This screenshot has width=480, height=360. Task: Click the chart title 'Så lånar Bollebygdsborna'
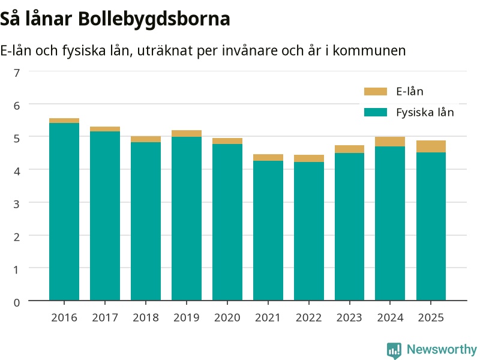pos(115,19)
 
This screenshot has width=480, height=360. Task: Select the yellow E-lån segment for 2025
pos(431,146)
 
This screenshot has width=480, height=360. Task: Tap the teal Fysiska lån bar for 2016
pos(64,212)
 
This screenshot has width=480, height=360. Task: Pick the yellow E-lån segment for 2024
pos(390,142)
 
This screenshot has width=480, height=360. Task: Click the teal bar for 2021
pos(268,230)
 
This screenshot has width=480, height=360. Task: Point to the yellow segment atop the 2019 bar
pos(187,133)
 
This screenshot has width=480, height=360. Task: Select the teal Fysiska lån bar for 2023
pos(350,227)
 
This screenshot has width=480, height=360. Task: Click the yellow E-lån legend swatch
pos(376,91)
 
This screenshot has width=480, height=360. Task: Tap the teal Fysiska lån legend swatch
pos(376,112)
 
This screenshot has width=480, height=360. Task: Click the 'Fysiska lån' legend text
pos(425,112)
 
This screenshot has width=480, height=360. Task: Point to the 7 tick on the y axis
pos(17,73)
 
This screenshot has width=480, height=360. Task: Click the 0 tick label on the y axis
pos(17,302)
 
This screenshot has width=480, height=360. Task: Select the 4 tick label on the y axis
pos(17,171)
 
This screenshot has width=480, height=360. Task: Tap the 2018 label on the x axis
pos(146,317)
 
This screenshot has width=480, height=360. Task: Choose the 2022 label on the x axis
pos(308,317)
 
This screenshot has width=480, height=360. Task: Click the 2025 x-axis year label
pos(431,317)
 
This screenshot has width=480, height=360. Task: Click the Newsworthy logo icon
pos(394,350)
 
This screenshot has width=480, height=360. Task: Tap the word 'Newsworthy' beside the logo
pos(442,349)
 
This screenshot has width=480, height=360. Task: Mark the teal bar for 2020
pos(227,222)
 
